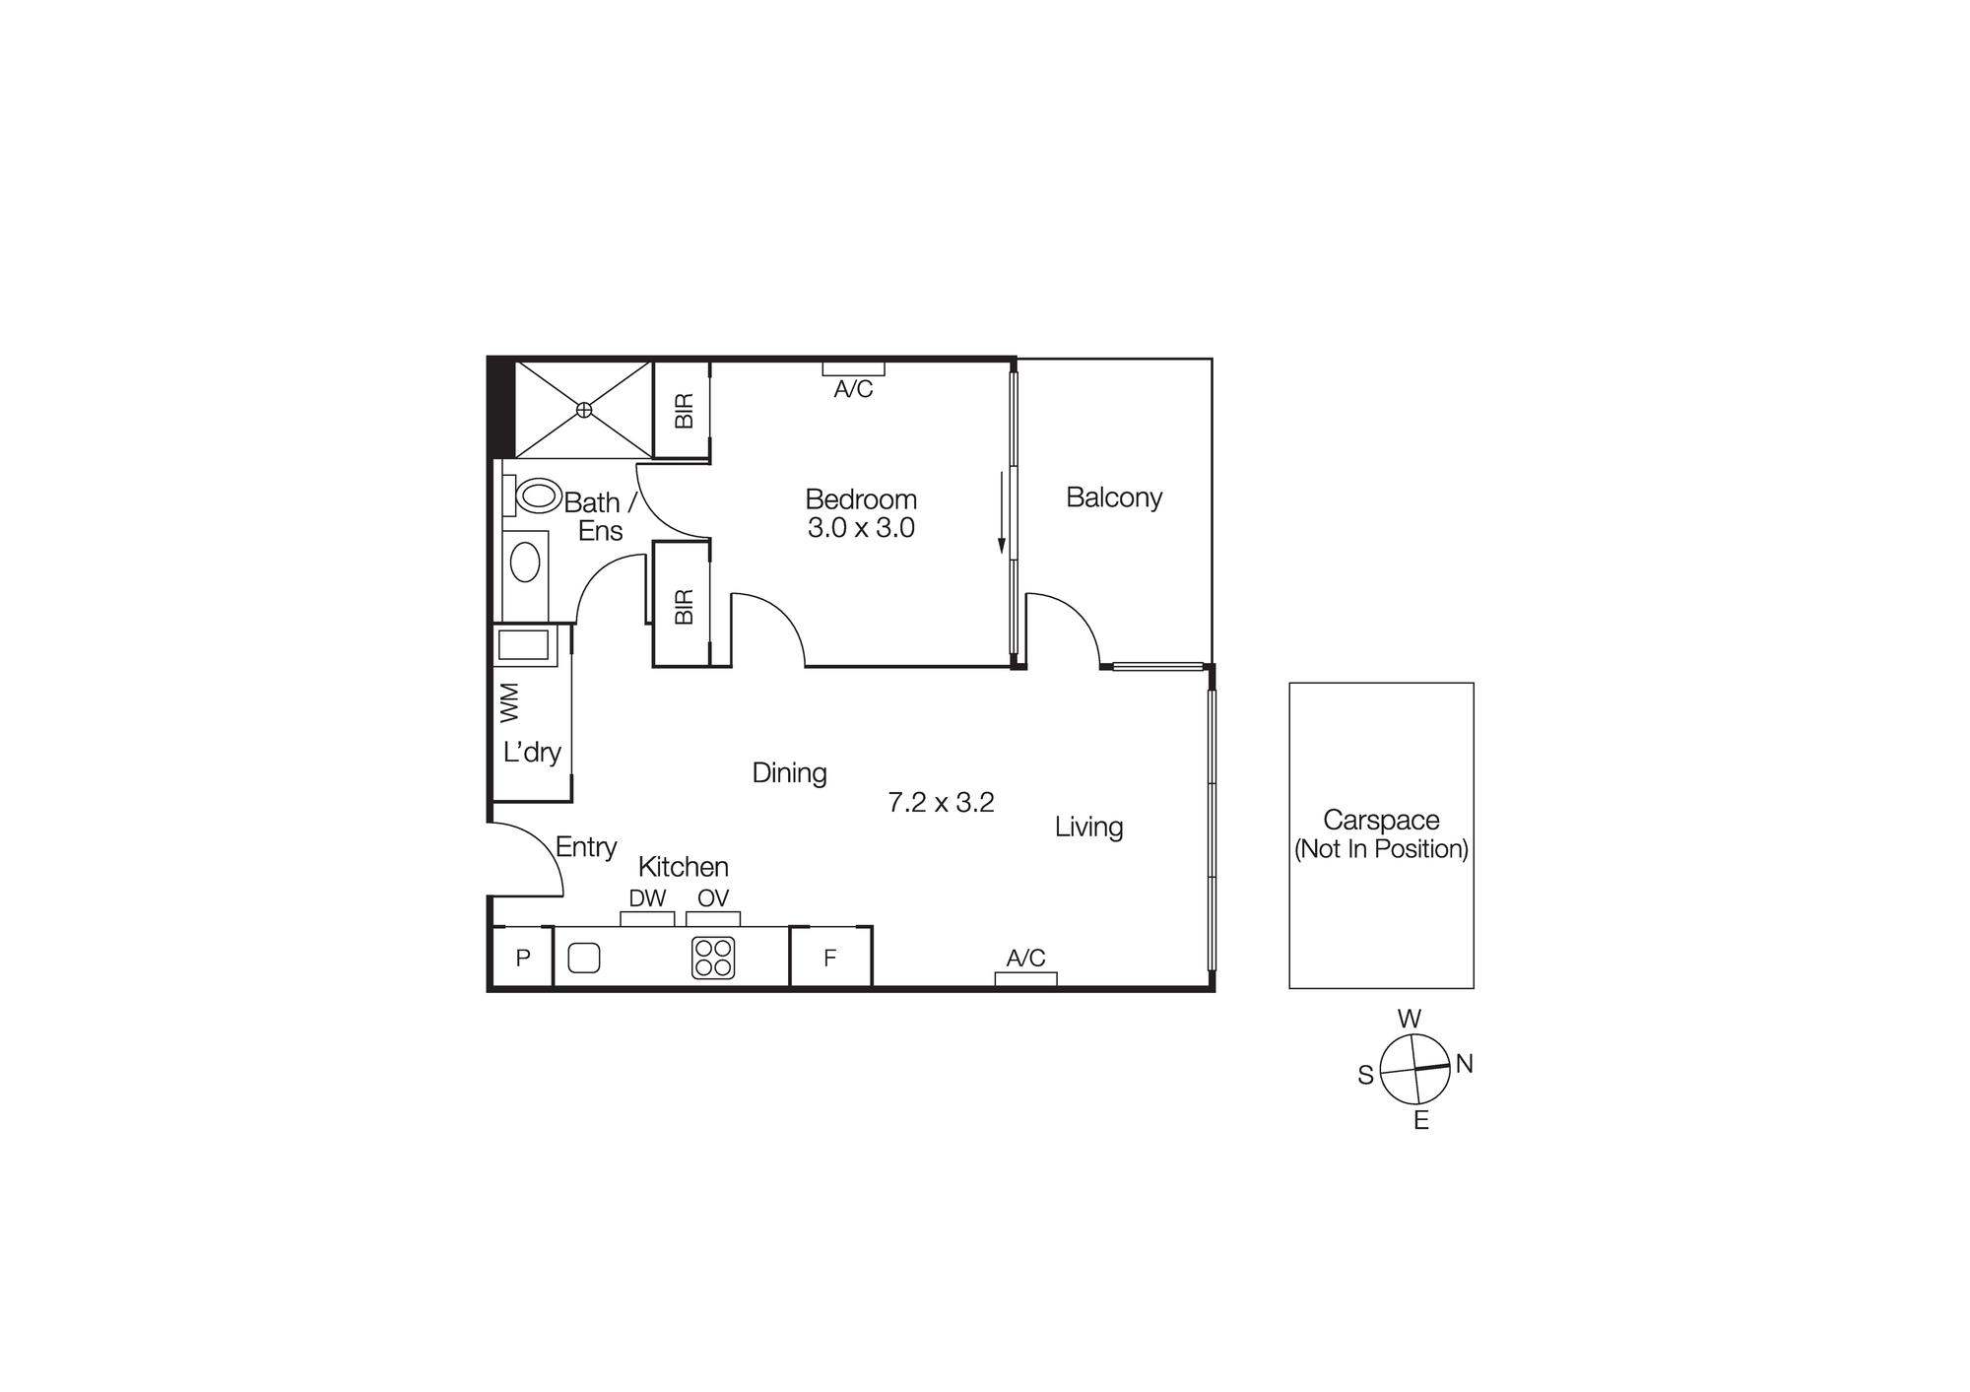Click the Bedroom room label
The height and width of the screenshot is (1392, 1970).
click(x=861, y=499)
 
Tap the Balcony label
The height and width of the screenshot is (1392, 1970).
click(x=1114, y=497)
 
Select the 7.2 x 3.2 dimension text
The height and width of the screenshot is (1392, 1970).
click(x=941, y=803)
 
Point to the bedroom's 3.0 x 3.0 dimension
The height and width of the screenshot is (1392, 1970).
click(x=861, y=528)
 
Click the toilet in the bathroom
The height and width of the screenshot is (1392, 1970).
click(x=537, y=495)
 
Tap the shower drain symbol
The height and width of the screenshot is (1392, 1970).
click(x=584, y=409)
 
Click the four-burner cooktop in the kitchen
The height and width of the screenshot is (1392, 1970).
click(x=713, y=958)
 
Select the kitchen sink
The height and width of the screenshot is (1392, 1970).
click(x=584, y=958)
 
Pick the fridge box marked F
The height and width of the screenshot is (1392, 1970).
click(x=830, y=958)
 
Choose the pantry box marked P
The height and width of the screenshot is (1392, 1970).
click(x=523, y=958)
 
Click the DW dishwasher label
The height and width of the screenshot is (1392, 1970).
click(x=647, y=898)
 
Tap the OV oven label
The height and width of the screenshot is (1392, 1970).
click(x=713, y=898)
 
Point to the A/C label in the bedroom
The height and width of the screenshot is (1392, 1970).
click(x=853, y=389)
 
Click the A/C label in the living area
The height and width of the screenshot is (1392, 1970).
click(x=1025, y=958)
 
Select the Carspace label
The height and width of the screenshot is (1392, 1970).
click(x=1381, y=820)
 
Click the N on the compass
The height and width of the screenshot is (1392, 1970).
click(x=1465, y=1064)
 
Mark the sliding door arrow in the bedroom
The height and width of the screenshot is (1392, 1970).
click(x=1002, y=512)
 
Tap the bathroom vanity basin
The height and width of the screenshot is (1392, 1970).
click(x=525, y=563)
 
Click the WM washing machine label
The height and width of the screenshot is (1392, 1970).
click(x=509, y=701)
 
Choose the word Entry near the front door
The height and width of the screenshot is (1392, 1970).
click(x=586, y=847)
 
